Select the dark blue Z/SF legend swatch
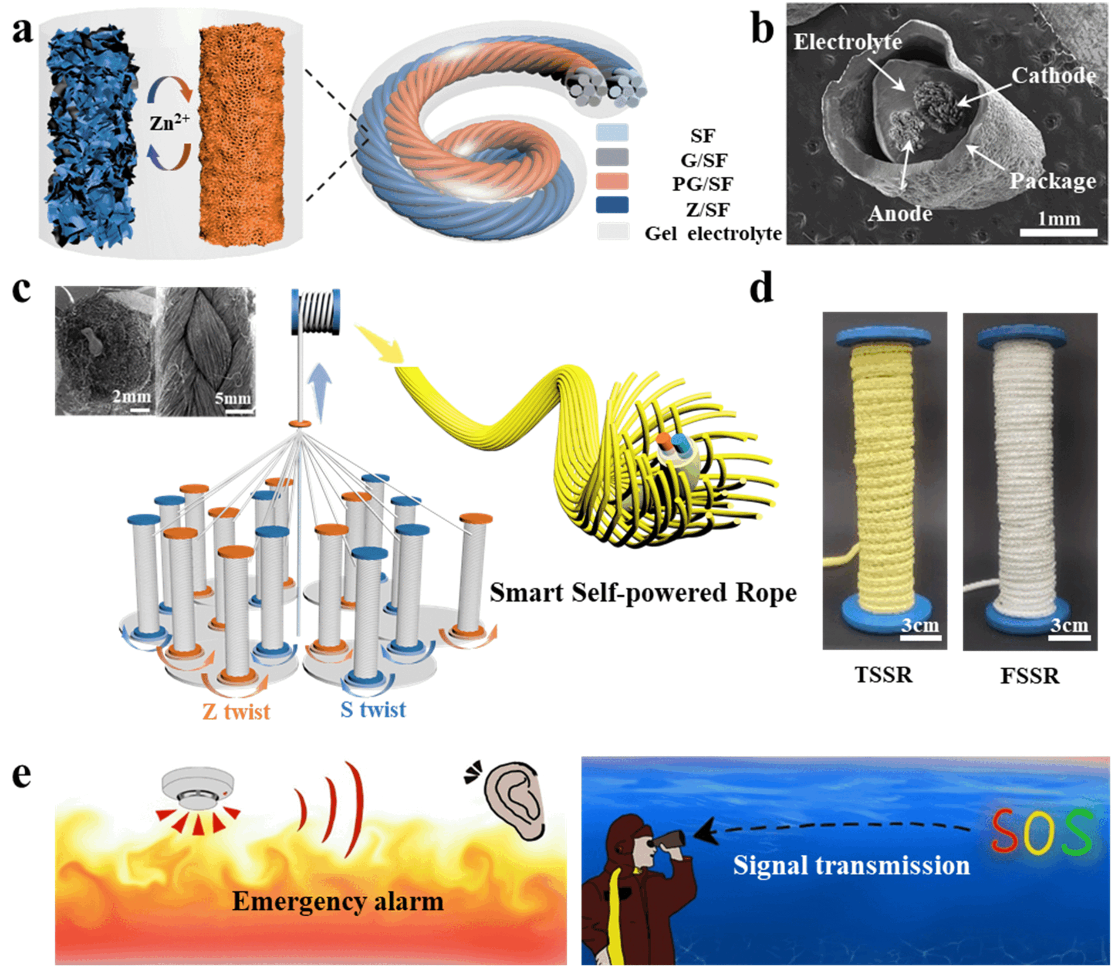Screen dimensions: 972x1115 pos(612,205)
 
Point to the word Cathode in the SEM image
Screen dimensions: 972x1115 pos(1053,75)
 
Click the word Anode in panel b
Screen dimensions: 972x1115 pos(900,214)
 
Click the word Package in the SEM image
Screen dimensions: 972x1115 pos(1052,181)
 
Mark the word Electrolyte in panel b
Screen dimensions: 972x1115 pos(848,42)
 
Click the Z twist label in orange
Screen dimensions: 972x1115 pos(236,711)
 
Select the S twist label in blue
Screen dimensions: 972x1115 pos(373,709)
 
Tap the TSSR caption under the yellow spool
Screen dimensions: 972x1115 pos(883,675)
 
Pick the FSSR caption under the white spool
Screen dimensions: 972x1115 pos(1029,676)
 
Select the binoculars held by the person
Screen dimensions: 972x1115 pos(668,841)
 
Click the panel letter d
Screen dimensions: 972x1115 pos(761,288)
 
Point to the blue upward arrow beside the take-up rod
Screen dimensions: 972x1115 pos(321,392)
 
